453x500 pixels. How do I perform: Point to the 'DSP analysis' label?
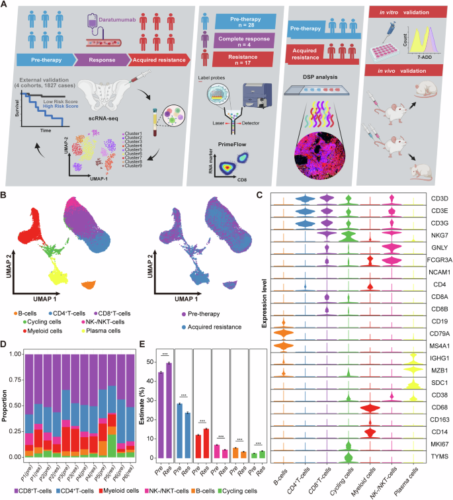(318, 94)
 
